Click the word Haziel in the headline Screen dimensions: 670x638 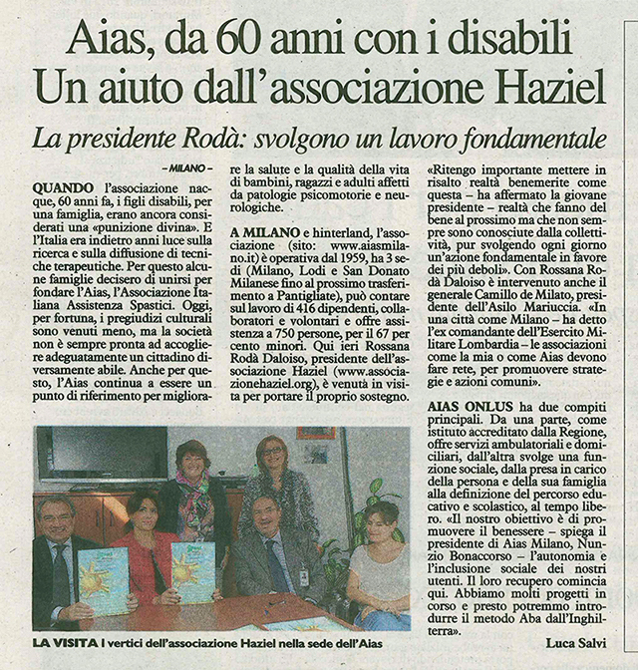(554, 88)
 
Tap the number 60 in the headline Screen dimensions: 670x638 (278, 40)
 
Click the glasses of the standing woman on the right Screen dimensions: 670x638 (271, 454)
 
